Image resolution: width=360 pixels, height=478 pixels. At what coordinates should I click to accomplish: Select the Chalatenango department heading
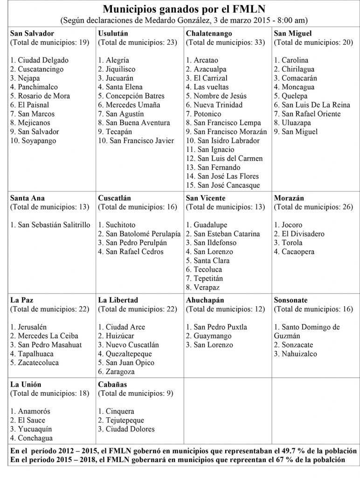[208, 34]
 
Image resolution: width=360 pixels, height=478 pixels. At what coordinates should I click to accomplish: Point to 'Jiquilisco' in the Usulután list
[118, 69]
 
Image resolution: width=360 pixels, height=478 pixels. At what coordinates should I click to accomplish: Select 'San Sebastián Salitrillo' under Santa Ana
[50, 225]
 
